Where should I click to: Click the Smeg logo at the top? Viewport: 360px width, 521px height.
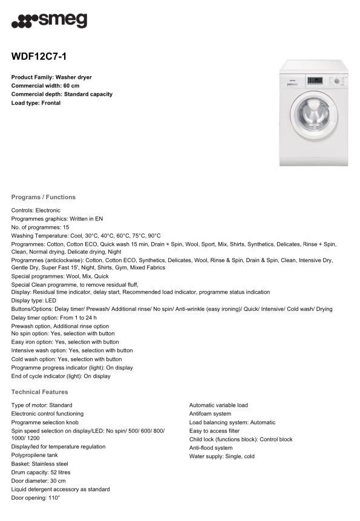tap(49, 21)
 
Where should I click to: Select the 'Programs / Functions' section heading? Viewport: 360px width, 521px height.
tap(44, 197)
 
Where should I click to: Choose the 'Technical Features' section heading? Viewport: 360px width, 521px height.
tap(40, 392)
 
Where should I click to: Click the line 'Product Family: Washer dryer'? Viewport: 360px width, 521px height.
tap(51, 77)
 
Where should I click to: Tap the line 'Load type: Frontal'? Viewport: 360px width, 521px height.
tap(36, 103)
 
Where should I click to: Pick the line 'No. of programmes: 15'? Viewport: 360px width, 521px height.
tap(40, 227)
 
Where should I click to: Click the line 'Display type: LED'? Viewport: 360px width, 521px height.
tap(34, 300)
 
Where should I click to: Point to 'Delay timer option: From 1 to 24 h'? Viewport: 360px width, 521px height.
tap(54, 317)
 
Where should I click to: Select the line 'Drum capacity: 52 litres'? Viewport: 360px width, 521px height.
tap(41, 472)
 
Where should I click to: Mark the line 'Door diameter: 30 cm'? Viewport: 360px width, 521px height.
tap(38, 480)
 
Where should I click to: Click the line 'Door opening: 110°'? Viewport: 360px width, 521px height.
tap(36, 497)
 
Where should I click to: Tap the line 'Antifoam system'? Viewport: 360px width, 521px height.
tap(210, 414)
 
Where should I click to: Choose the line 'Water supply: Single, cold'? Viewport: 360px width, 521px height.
tap(222, 456)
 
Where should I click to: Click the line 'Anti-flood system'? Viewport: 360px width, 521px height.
tap(211, 448)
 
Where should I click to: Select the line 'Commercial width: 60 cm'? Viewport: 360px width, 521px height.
tap(45, 86)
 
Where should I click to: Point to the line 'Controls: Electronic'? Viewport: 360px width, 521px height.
tap(36, 210)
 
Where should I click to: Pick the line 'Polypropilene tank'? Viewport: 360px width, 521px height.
tap(34, 455)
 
